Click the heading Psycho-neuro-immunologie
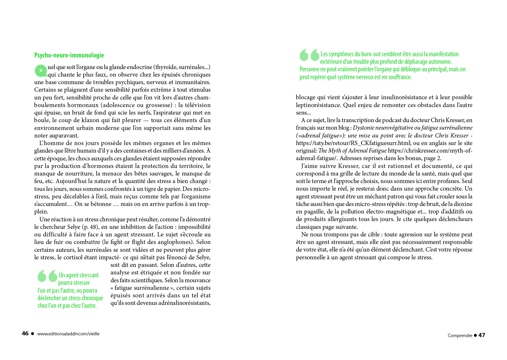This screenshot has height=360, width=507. click(69, 55)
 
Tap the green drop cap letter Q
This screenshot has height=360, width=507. click(41, 70)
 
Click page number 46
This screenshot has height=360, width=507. click(25, 333)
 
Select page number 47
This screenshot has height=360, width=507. click(482, 335)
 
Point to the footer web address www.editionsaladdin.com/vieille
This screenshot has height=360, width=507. click(68, 334)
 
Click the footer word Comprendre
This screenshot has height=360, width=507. click(460, 335)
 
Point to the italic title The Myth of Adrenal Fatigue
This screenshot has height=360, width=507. click(352, 151)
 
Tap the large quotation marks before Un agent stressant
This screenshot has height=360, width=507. click(48, 276)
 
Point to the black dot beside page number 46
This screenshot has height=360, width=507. click(32, 334)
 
